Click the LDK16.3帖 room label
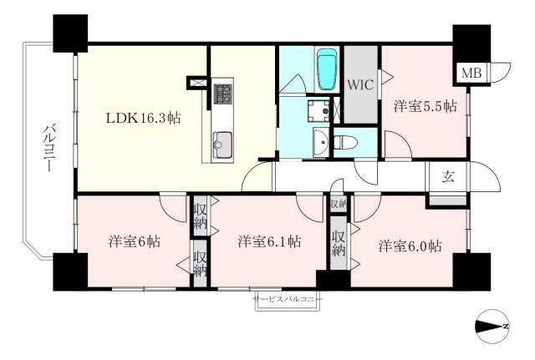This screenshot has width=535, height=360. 143,118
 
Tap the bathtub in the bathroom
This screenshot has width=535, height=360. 327,69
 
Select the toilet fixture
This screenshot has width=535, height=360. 345,142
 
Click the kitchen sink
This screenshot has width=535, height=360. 222,145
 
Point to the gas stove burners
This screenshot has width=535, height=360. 222,94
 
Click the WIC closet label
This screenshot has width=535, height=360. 360,84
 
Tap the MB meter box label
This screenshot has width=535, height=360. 471,73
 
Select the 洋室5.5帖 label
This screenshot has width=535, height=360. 425,106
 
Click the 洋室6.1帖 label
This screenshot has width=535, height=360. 269,241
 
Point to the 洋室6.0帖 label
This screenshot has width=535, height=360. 410,246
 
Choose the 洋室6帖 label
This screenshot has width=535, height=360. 135,241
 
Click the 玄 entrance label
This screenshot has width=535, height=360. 448,176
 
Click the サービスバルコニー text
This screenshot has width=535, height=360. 288,299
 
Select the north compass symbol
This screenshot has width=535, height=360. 492,327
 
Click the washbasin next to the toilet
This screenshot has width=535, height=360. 321,142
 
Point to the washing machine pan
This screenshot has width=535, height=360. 318,111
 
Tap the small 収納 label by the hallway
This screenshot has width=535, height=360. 339,204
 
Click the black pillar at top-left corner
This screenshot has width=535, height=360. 70,33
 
